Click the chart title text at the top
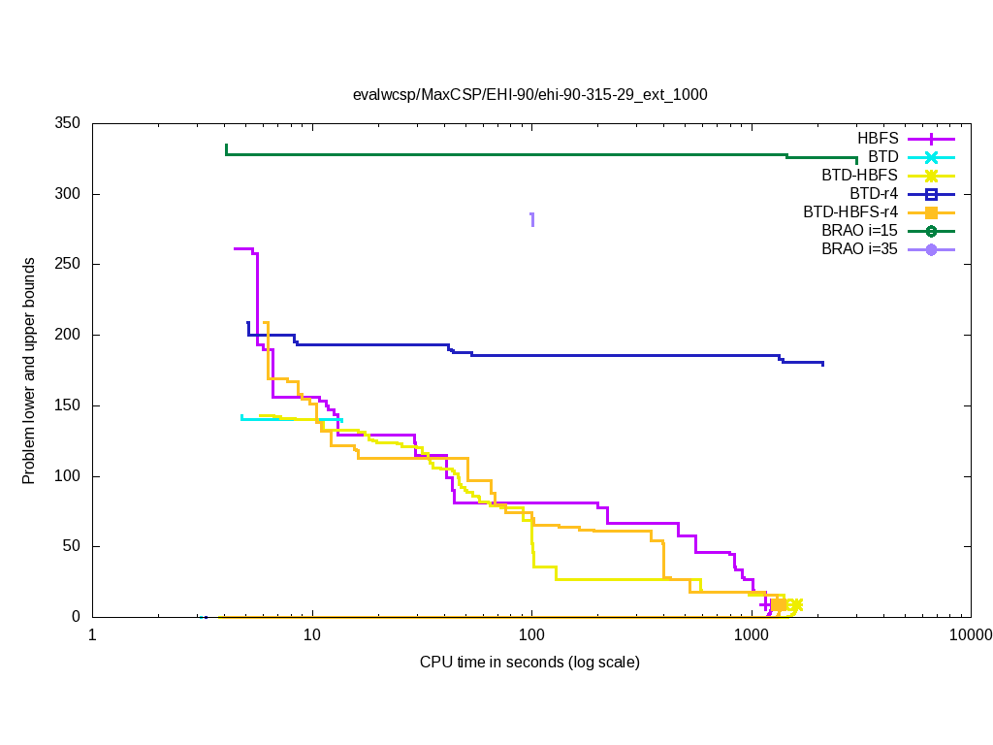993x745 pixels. tap(529, 95)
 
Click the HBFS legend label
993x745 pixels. tap(878, 139)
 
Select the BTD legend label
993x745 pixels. tap(883, 157)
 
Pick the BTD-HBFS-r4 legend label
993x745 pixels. tap(850, 212)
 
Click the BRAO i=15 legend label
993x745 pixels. tap(859, 231)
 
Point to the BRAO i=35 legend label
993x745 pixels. tap(859, 249)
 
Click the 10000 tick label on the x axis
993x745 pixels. tap(970, 635)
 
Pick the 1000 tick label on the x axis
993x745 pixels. tap(752, 635)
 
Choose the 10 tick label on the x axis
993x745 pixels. tap(311, 635)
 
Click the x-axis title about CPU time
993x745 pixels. tap(529, 663)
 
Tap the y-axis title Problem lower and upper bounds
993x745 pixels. tap(29, 371)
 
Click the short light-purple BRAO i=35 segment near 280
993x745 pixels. tap(531, 219)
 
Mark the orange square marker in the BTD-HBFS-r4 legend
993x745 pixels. tap(931, 212)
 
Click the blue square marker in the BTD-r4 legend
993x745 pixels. tap(931, 194)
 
